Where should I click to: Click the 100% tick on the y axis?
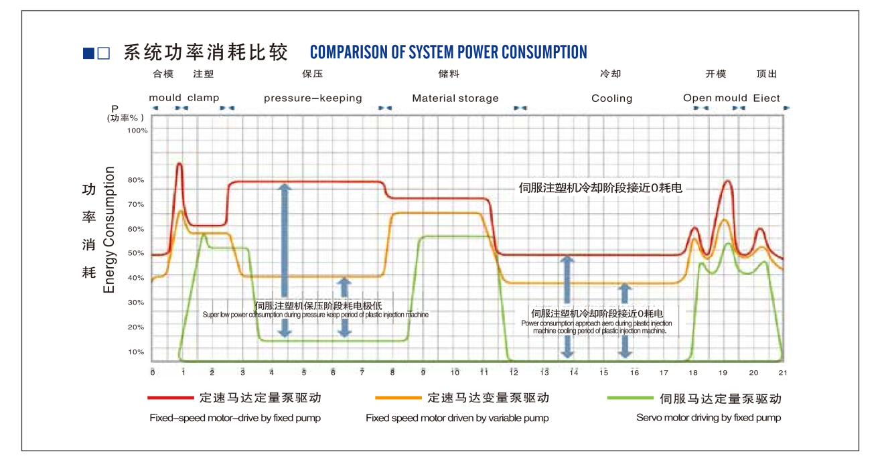tap(137, 131)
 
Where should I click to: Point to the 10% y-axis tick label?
tap(137, 352)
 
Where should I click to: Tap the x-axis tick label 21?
tap(782, 372)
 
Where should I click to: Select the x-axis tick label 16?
tap(634, 372)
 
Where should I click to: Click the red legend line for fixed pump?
tap(170, 398)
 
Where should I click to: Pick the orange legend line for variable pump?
tap(398, 398)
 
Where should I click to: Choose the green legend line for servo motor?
tap(630, 398)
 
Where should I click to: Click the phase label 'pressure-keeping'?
tap(313, 98)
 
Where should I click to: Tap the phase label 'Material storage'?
tap(455, 98)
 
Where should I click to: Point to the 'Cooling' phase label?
tap(611, 98)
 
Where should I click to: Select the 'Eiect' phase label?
tap(766, 98)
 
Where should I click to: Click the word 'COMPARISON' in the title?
tap(348, 52)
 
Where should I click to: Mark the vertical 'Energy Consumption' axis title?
tap(110, 230)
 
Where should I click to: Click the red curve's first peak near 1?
tap(179, 164)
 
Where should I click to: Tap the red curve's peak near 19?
tap(727, 181)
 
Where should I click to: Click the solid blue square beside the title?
tap(88, 54)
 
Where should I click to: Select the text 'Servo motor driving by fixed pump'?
tap(709, 418)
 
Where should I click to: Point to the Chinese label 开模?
tap(715, 74)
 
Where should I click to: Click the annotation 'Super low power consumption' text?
tap(315, 315)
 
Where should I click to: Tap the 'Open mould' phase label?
tap(715, 98)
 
